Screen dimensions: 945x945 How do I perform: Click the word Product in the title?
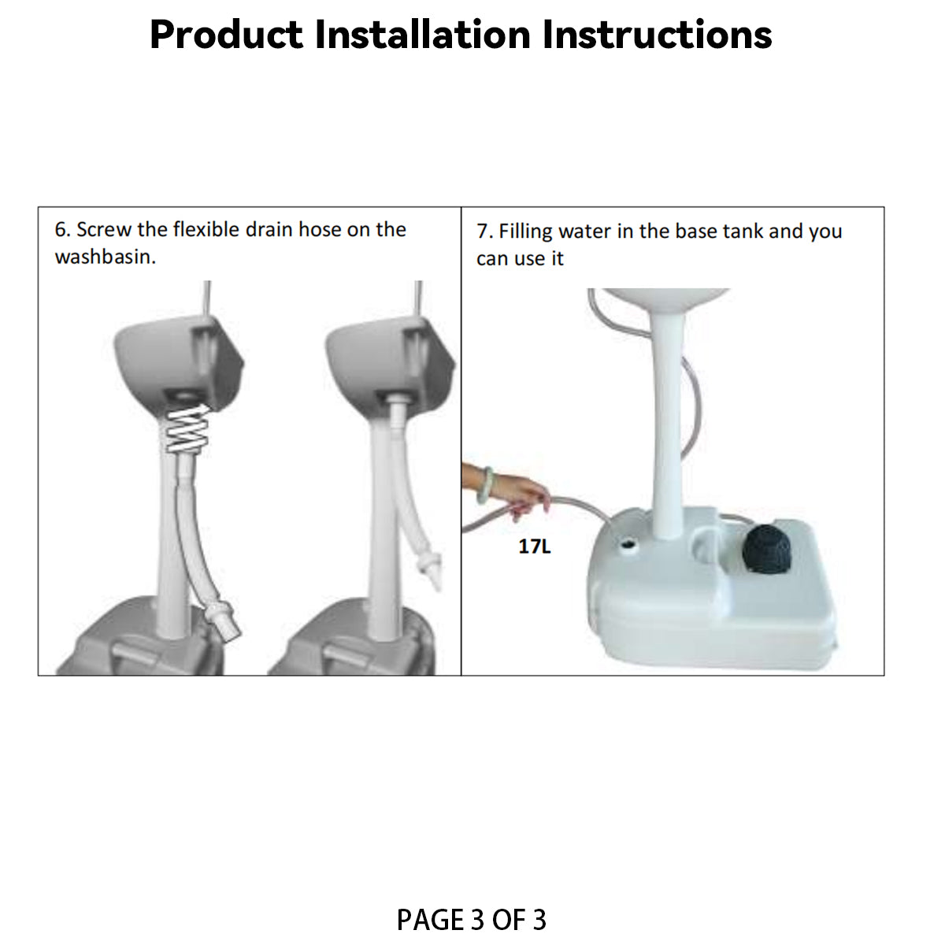[x=227, y=35]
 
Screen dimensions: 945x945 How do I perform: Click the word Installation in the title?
[x=423, y=35]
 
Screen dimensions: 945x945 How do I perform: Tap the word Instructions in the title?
[x=657, y=35]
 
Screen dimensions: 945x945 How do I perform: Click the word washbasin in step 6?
[x=105, y=257]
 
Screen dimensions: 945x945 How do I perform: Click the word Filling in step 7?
[x=525, y=232]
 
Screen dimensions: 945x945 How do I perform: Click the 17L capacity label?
[x=535, y=547]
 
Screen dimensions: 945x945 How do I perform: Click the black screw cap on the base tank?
[x=766, y=549]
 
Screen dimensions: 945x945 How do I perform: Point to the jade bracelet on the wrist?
[x=485, y=486]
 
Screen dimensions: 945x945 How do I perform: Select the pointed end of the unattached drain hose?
[x=436, y=584]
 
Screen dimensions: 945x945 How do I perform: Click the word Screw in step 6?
[x=104, y=229]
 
